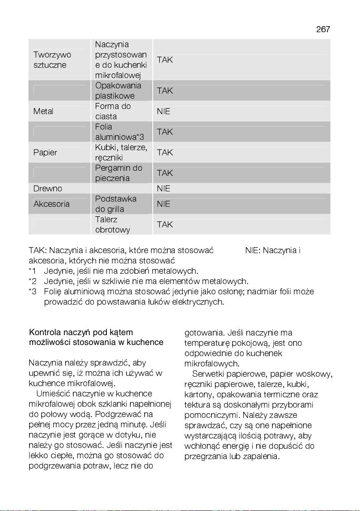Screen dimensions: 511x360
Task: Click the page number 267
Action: click(323, 29)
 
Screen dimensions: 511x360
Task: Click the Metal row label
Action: click(43, 112)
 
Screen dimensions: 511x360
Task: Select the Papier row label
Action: click(45, 153)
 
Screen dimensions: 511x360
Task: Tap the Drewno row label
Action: click(48, 189)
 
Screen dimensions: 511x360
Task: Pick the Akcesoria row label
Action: click(51, 204)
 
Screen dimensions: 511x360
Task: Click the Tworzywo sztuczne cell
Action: click(52, 60)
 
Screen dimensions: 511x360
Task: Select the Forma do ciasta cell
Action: click(113, 112)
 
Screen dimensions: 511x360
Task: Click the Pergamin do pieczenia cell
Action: click(118, 173)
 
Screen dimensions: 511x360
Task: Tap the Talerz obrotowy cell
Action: click(112, 225)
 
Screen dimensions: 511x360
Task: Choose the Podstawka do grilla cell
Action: click(115, 204)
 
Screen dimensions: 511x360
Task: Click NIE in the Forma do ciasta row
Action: click(163, 112)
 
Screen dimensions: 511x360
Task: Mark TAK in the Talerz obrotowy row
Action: click(165, 225)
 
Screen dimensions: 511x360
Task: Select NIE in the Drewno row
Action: click(163, 189)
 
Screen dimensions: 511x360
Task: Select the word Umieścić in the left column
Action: click(54, 394)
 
